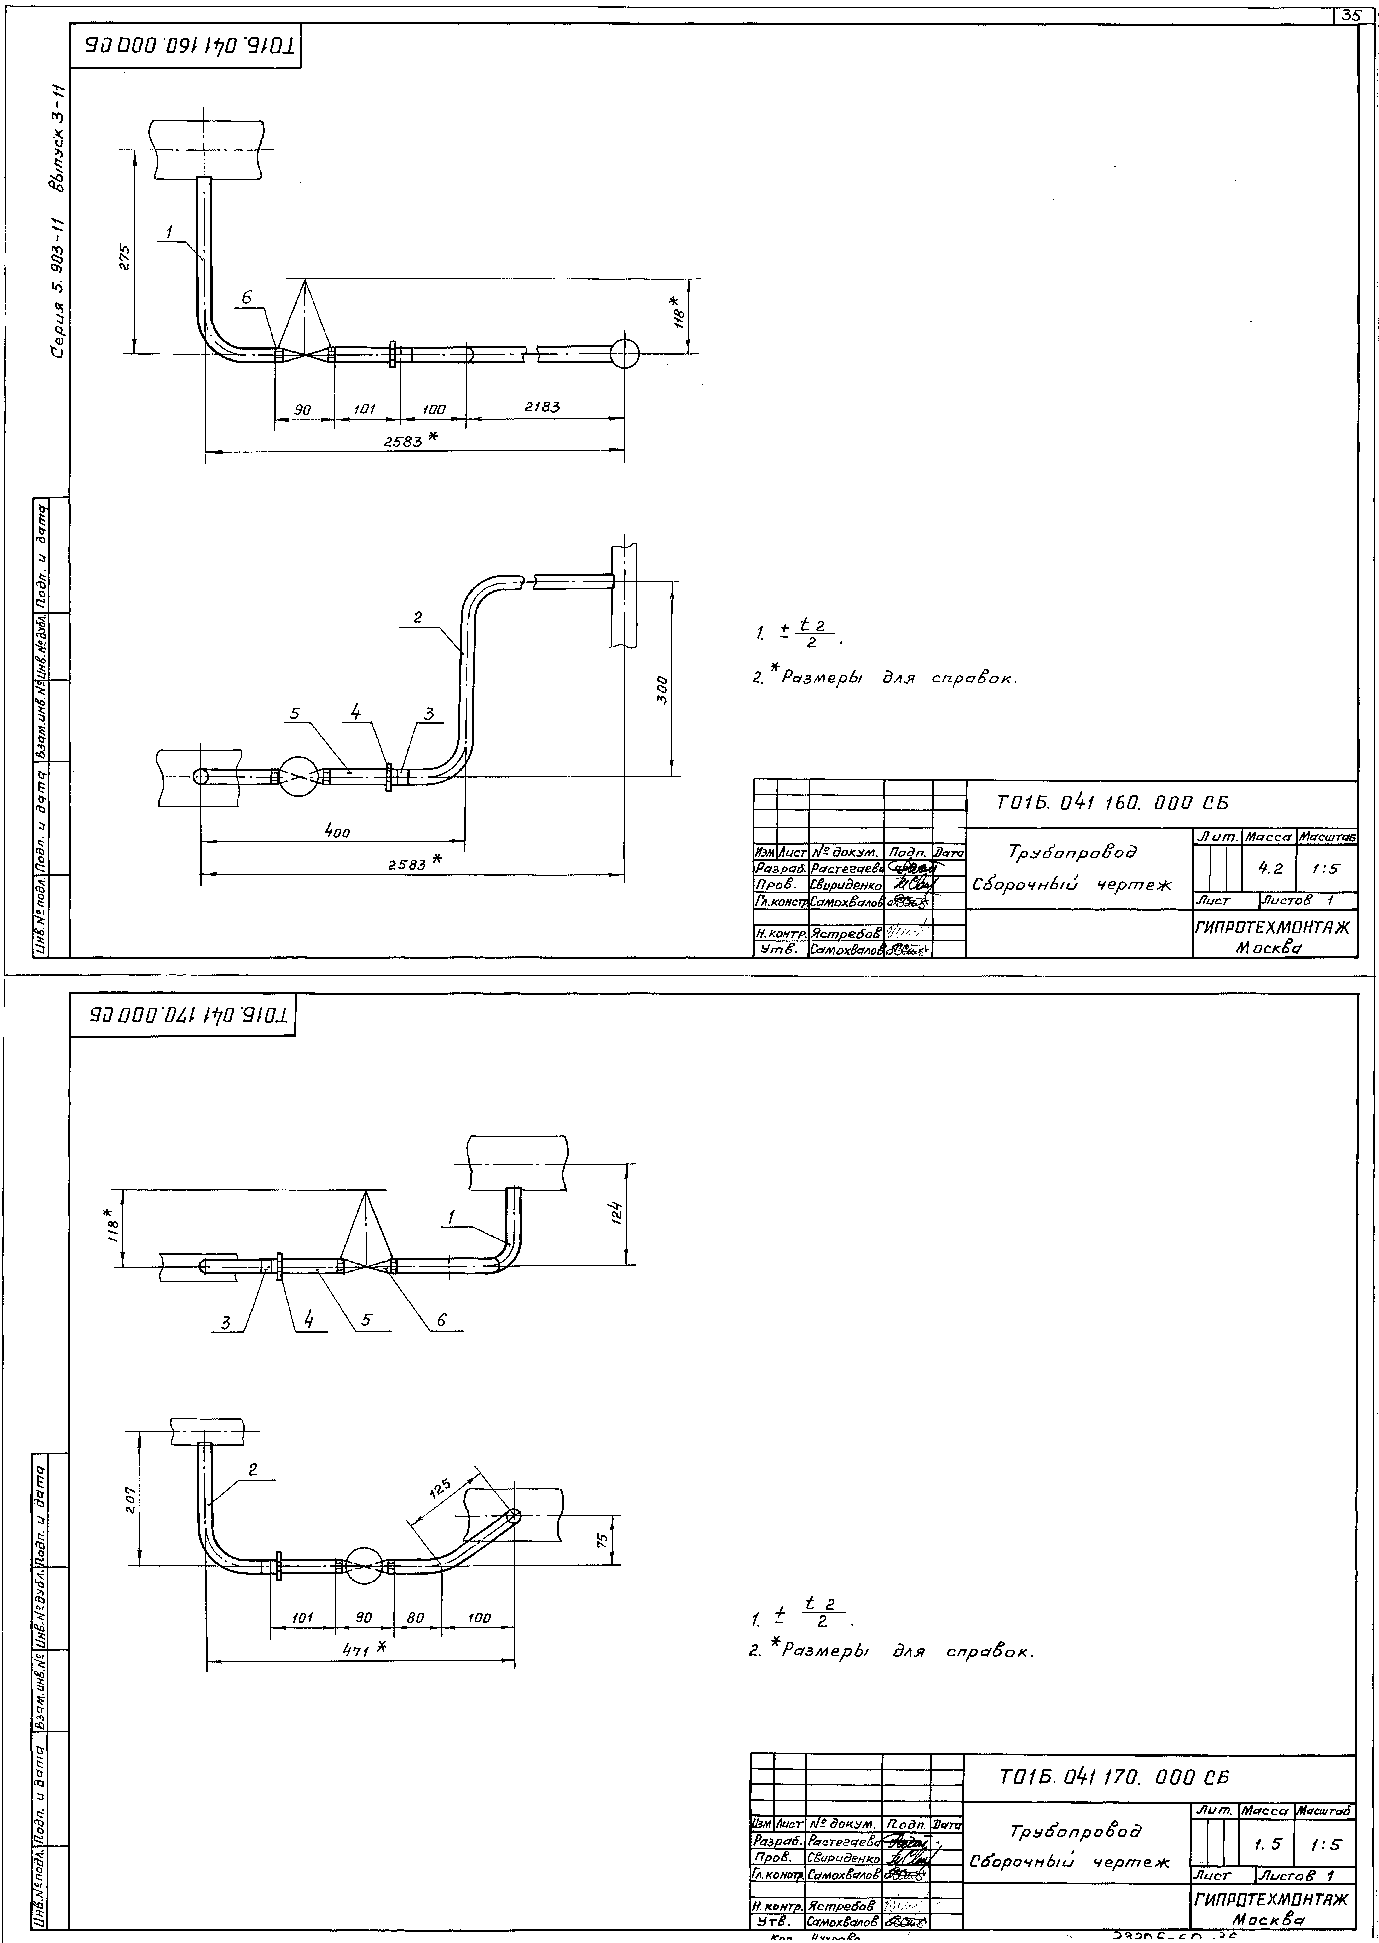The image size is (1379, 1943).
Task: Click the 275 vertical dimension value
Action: click(124, 257)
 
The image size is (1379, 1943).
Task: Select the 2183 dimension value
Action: click(542, 407)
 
